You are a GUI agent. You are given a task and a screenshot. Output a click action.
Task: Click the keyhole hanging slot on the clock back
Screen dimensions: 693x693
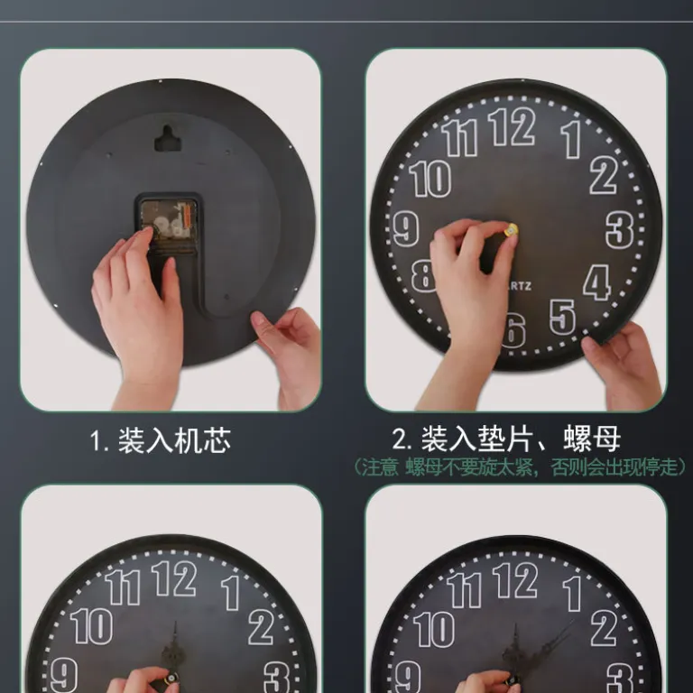pos(168,139)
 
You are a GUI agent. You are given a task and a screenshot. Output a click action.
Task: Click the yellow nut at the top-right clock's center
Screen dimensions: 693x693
pos(511,231)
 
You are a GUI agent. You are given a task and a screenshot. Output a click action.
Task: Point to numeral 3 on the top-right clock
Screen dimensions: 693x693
pos(620,230)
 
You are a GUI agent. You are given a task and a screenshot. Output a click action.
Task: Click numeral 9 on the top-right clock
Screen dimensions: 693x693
pos(406,228)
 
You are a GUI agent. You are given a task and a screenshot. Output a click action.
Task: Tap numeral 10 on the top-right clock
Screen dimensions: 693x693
pos(430,178)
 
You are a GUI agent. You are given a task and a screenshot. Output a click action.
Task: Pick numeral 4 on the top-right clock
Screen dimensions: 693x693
pos(597,282)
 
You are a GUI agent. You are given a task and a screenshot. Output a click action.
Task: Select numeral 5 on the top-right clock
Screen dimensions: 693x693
pos(563,317)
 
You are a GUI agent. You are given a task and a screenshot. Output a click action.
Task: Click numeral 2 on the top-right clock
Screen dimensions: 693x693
pos(604,175)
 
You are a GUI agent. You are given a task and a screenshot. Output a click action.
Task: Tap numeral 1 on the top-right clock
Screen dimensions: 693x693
pos(571,139)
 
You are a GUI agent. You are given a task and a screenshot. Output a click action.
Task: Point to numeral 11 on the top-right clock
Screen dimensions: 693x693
pos(459,137)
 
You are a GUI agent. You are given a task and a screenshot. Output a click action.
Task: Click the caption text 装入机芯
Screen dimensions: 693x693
pos(174,440)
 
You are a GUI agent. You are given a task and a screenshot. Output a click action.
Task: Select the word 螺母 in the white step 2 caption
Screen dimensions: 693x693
pos(591,439)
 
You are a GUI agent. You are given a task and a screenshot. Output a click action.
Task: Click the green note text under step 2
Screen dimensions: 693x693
pos(520,467)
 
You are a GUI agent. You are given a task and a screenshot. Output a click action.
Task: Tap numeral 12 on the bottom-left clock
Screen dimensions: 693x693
pos(173,579)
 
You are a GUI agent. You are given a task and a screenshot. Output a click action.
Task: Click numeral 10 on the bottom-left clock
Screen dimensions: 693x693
pos(91,626)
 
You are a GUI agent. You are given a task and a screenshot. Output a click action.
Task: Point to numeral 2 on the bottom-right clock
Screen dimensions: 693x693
pos(604,628)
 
